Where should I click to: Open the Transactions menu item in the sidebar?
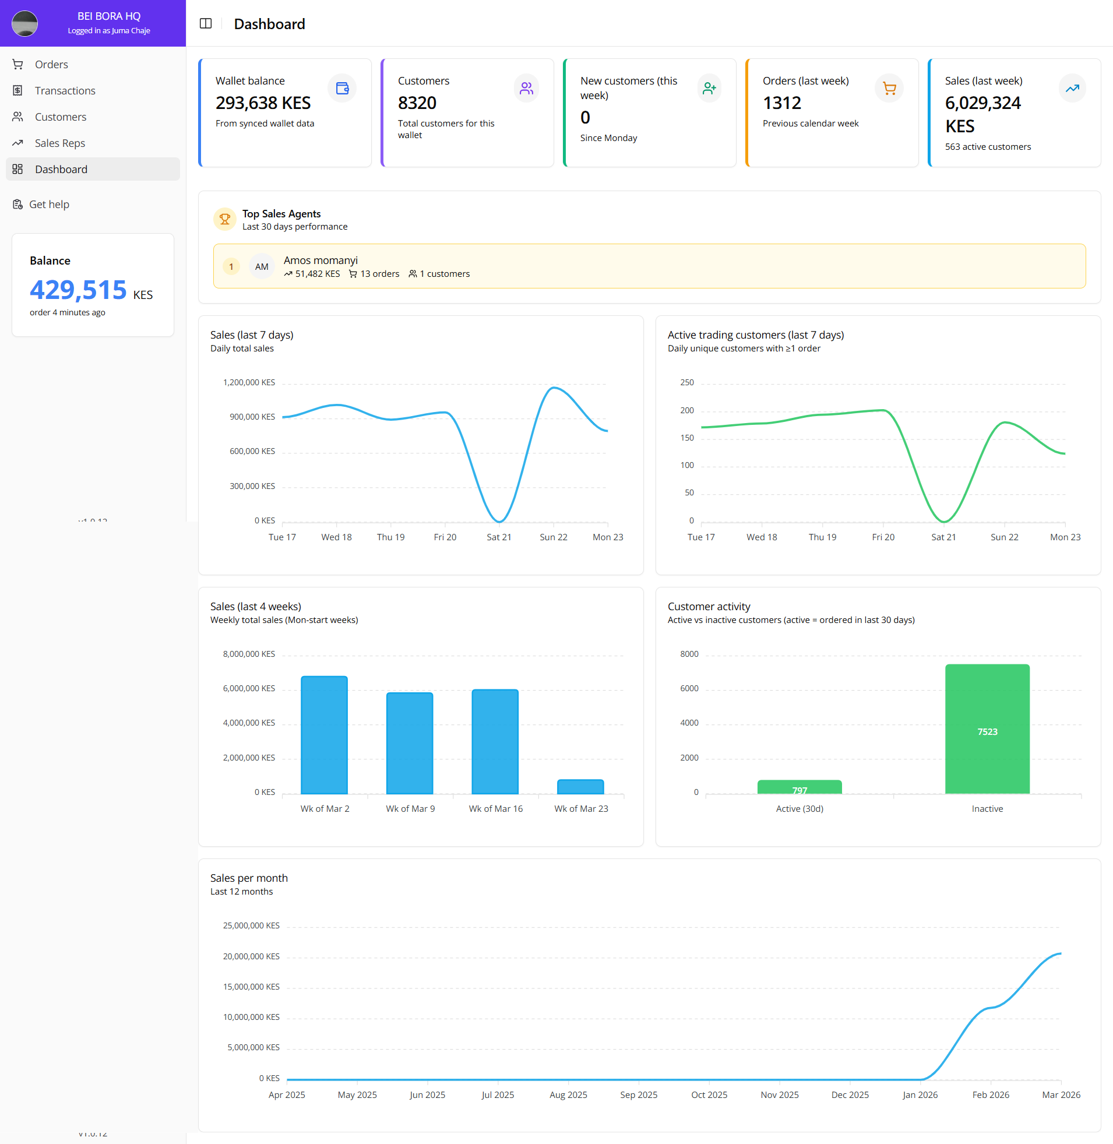64,90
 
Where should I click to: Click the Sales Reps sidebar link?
59,143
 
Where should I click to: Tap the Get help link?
48,204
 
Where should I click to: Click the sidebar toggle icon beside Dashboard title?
206,23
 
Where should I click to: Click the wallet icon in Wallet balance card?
342,88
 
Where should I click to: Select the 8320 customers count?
417,103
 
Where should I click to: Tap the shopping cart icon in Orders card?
889,88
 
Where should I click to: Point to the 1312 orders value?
781,103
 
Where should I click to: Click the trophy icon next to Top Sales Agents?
224,219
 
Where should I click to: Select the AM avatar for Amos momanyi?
261,266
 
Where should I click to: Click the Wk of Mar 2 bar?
324,735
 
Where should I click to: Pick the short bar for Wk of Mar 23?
580,786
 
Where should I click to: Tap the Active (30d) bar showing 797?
799,787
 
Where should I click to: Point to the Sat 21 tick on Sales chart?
499,537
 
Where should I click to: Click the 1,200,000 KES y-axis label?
249,382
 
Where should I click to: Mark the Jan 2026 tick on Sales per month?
920,1094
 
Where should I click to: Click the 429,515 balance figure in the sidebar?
78,290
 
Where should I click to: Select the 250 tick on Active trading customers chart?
687,382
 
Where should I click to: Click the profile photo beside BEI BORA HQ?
24,23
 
